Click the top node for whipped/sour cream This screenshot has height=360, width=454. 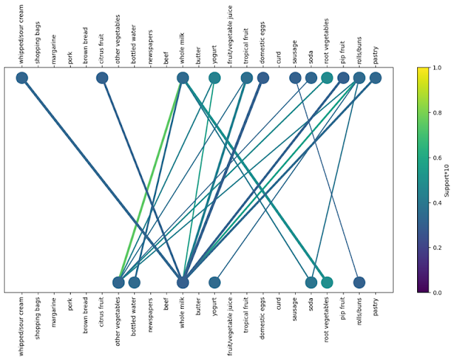[22, 78]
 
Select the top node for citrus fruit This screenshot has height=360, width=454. [102, 78]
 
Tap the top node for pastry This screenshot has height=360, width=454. [375, 78]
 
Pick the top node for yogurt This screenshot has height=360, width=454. [214, 78]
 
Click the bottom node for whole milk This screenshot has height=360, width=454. [182, 283]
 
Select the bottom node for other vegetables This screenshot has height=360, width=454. [118, 283]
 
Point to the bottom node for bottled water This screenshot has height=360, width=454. [134, 283]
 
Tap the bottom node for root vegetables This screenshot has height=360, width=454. [327, 283]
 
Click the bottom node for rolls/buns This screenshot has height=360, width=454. [360, 283]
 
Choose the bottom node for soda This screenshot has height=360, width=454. [311, 283]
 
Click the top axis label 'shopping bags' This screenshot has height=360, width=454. [38, 44]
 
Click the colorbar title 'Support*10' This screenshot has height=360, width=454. [445, 180]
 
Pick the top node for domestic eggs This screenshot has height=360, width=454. [262, 78]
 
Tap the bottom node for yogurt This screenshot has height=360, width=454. [214, 283]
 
